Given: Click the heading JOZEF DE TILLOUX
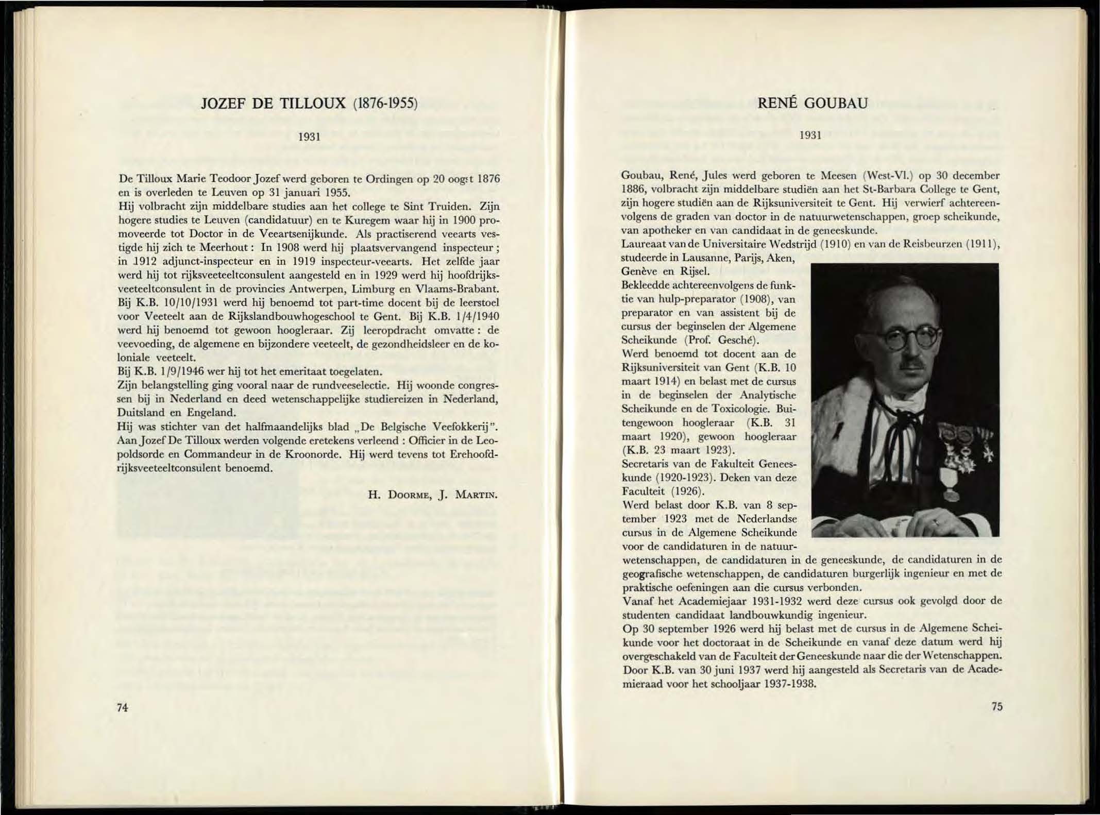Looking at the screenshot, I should pyautogui.click(x=273, y=104).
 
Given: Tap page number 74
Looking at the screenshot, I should pyautogui.click(x=122, y=707).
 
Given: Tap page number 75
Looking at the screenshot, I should pyautogui.click(x=996, y=706).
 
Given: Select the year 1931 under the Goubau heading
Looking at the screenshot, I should pyautogui.click(x=810, y=135).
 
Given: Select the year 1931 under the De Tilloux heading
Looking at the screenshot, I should pyautogui.click(x=310, y=137).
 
